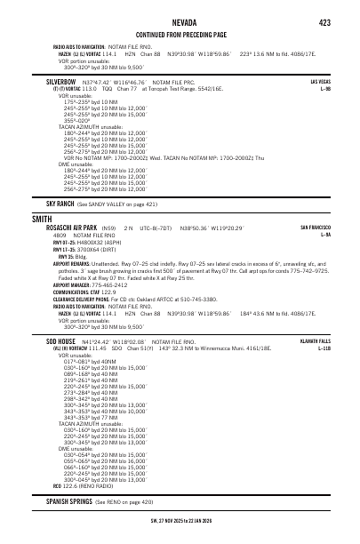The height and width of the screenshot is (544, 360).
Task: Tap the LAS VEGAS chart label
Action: point(320,81)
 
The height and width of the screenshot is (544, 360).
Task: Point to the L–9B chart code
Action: point(325,88)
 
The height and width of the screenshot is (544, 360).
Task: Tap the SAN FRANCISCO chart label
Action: point(316,228)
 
